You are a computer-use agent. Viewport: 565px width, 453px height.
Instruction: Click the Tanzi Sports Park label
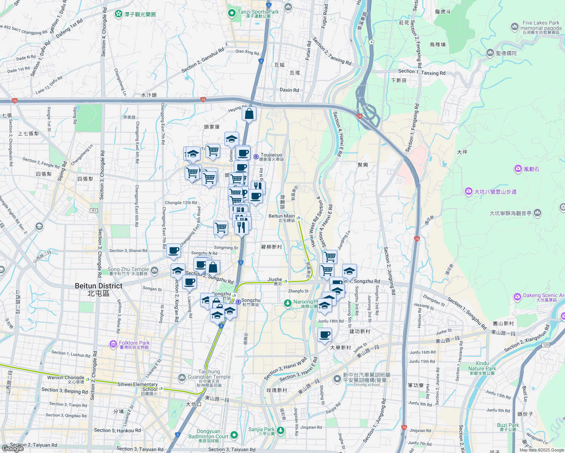coord(258,12)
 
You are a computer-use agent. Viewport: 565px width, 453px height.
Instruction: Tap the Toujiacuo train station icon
coord(256,156)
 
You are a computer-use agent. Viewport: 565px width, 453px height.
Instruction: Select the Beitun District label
coord(99,286)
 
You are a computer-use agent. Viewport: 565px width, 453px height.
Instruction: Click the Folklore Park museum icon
coord(113,344)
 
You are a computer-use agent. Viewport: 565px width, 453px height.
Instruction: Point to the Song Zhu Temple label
coord(128,270)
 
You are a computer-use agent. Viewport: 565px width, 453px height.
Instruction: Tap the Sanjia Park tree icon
coord(280,430)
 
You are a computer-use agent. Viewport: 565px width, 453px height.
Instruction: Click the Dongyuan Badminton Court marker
coord(234,435)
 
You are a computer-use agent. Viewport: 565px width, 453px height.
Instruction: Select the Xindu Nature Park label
coord(482,366)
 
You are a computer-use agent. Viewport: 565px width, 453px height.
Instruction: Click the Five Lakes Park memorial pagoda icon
coord(514,26)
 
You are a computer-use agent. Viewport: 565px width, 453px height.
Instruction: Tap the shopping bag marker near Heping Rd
coord(249,114)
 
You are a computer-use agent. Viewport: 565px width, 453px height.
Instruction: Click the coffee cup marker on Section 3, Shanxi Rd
coord(174,251)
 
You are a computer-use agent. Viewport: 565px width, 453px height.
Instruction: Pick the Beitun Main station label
coord(281,216)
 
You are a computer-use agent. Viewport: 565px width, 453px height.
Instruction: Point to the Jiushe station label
coord(275,280)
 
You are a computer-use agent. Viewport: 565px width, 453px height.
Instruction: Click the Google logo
coord(12,448)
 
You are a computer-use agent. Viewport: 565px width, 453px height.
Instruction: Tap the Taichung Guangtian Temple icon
coord(182,377)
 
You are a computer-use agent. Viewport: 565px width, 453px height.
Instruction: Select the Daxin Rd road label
coord(289,90)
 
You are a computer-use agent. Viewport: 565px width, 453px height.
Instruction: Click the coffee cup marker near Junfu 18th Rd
coord(325,334)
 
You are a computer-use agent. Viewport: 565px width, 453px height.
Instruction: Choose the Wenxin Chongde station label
coord(66,377)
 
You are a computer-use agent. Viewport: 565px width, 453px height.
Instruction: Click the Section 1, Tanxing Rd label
coord(422,72)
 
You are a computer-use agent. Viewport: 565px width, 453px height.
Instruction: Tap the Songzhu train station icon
coord(238,302)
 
